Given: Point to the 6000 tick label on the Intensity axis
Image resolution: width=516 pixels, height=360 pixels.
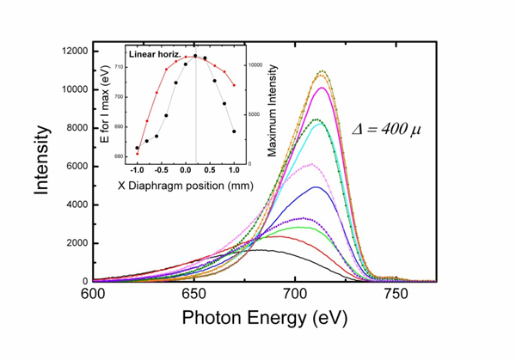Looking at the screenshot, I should [x=75, y=166].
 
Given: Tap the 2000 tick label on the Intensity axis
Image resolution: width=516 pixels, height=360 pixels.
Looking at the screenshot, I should [x=75, y=243].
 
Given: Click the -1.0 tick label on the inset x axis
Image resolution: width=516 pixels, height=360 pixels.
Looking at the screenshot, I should [x=138, y=170].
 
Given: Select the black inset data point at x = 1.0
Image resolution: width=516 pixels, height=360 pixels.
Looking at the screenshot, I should [x=234, y=131].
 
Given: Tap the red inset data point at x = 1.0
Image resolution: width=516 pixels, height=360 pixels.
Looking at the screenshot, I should [x=234, y=85].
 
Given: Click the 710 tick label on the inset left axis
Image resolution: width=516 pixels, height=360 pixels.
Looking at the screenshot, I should [x=121, y=66].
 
